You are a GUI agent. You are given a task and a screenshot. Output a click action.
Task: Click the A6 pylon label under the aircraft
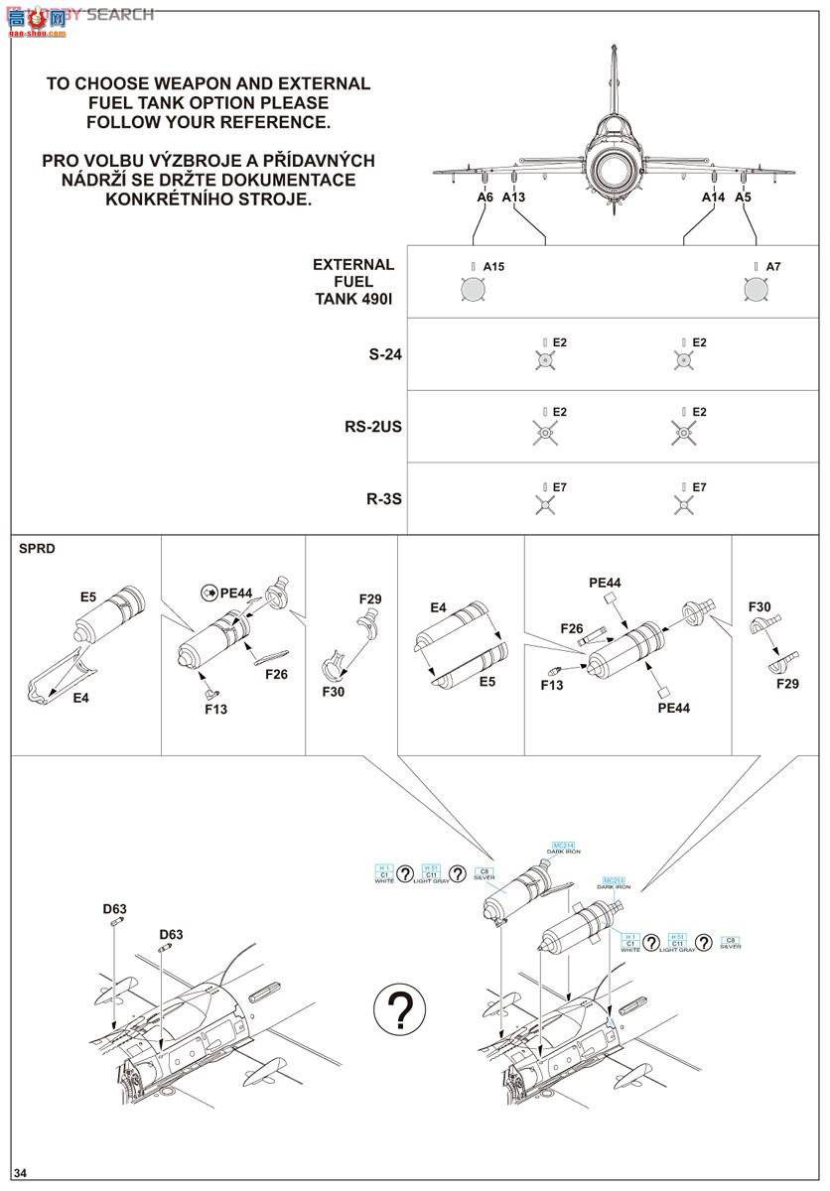click(x=484, y=198)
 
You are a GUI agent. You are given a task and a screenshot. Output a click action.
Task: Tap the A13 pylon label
click(x=513, y=198)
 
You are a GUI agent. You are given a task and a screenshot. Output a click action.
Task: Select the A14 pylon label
click(x=714, y=198)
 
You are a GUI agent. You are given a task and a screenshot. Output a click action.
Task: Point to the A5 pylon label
click(x=744, y=198)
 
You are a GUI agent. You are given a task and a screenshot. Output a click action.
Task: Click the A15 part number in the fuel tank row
click(x=493, y=267)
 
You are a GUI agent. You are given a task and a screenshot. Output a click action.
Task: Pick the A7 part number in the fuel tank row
click(x=773, y=267)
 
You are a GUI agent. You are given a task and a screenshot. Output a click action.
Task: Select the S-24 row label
click(x=384, y=354)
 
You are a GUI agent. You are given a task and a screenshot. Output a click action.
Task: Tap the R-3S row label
click(x=383, y=498)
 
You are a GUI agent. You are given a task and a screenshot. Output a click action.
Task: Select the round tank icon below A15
click(x=473, y=289)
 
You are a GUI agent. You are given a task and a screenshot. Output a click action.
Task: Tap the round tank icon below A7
click(x=756, y=289)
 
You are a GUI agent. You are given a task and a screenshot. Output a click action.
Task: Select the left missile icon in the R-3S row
click(x=543, y=504)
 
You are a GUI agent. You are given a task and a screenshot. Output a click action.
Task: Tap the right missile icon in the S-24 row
click(x=683, y=360)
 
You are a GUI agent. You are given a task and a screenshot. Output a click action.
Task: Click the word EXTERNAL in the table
click(x=353, y=265)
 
